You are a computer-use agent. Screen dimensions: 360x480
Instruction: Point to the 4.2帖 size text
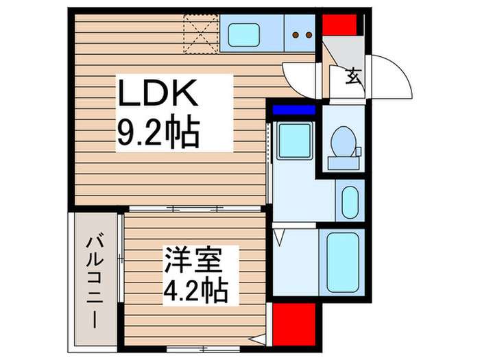pos(196,291)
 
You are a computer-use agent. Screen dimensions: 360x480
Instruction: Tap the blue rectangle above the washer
pos(293,110)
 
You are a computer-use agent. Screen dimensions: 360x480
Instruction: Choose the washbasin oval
pos(349,201)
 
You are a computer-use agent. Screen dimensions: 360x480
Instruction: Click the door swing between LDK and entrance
pos(300,77)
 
